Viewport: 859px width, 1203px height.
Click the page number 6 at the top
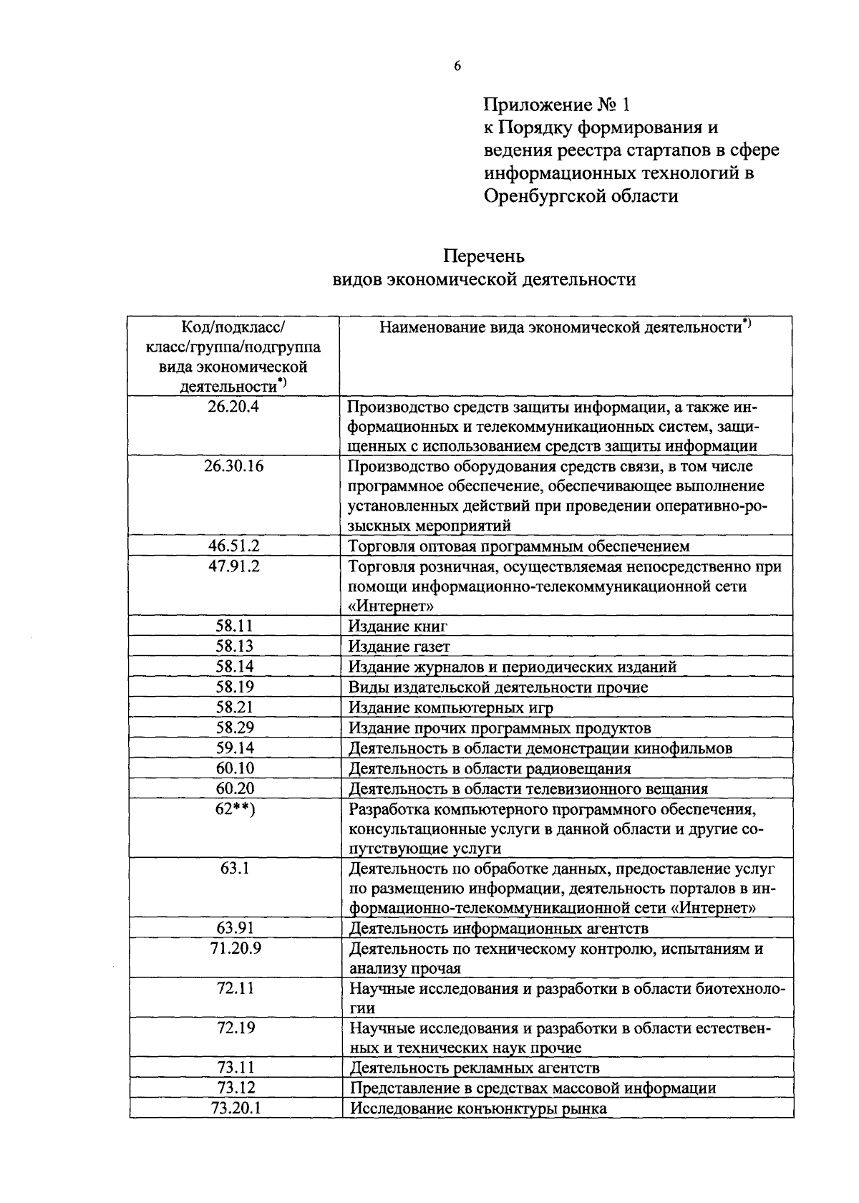click(x=457, y=66)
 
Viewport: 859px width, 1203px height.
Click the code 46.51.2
click(x=233, y=546)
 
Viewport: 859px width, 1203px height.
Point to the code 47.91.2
click(x=233, y=566)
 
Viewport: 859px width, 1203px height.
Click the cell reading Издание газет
click(x=399, y=646)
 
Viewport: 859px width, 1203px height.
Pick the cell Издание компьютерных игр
click(x=451, y=707)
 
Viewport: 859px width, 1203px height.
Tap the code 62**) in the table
click(x=235, y=808)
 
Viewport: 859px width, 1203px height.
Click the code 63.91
click(x=235, y=928)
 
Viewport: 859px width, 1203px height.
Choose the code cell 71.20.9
click(x=235, y=948)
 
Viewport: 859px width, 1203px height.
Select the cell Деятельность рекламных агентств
click(x=474, y=1068)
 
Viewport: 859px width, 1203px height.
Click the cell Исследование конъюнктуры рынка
click(x=477, y=1108)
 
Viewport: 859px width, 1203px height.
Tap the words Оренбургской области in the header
click(x=581, y=195)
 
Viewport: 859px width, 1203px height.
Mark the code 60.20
click(x=235, y=788)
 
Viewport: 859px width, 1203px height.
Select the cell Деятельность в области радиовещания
click(x=490, y=768)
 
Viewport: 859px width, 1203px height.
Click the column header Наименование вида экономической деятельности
click(x=562, y=328)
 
